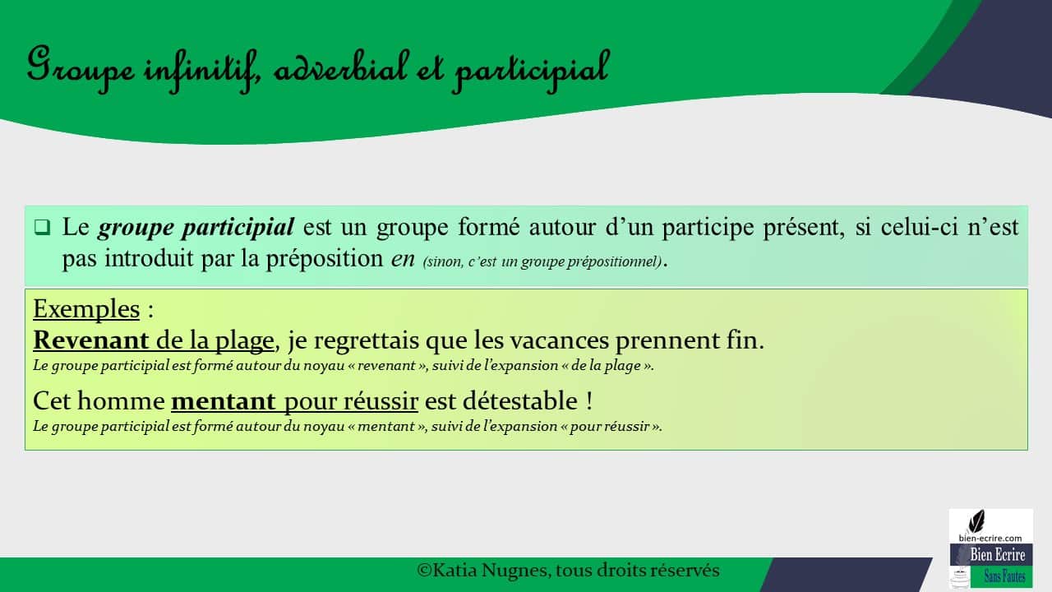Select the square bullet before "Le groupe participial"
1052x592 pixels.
click(43, 226)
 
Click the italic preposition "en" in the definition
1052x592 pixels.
click(403, 258)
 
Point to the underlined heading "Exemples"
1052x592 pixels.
click(86, 309)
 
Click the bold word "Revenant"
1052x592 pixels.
click(90, 340)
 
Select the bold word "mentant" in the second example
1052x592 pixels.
click(223, 401)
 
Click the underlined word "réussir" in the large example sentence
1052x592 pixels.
click(383, 401)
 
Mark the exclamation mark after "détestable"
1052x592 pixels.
click(589, 401)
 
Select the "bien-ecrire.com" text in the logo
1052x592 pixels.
click(990, 538)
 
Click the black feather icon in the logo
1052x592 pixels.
click(977, 520)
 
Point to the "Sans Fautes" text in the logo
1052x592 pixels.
click(1004, 576)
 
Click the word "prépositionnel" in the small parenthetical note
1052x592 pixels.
click(616, 262)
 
